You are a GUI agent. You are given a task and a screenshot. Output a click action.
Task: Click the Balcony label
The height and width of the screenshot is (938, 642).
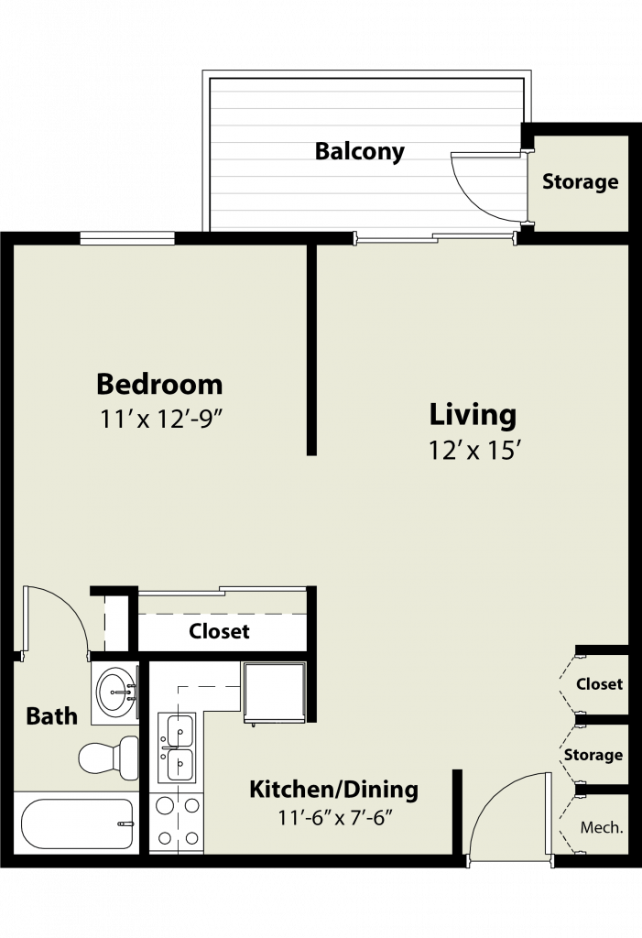360,151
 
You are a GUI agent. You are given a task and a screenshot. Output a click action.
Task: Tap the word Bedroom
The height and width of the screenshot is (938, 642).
159,384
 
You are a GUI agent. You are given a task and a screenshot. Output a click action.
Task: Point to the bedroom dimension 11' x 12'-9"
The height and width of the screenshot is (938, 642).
161,419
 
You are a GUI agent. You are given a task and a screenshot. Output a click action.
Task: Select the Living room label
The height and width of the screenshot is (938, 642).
473,415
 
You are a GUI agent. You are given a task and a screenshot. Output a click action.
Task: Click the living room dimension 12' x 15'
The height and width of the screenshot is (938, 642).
472,450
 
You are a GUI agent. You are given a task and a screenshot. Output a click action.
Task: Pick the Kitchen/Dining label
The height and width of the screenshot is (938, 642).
334,789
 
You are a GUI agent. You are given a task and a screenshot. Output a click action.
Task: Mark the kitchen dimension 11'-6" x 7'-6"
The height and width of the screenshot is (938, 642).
335,816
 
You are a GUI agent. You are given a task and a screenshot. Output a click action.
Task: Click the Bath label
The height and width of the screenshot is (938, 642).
52,715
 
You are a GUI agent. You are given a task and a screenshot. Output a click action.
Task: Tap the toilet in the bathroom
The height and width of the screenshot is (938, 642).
109,758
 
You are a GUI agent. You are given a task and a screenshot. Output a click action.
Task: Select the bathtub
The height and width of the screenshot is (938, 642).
77,823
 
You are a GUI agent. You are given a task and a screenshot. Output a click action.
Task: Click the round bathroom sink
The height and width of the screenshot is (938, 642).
116,693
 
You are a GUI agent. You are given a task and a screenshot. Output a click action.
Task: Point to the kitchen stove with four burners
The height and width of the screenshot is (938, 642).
177,822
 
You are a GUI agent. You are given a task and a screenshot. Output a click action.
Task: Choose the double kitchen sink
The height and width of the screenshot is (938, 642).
178,747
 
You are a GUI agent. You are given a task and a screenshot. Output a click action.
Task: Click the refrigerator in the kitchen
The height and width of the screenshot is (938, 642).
275,693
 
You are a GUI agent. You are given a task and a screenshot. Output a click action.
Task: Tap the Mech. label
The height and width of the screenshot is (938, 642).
602,827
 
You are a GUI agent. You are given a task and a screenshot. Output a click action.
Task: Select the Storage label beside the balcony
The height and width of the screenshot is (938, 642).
581,181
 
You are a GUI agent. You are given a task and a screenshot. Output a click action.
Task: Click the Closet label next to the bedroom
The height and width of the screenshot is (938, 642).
219,631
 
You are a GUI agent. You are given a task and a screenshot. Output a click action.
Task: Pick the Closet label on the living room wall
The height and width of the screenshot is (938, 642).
600,683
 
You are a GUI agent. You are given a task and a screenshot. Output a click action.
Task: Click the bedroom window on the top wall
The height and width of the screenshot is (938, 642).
127,238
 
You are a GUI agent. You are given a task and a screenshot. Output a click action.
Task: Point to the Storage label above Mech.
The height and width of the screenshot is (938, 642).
593,755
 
